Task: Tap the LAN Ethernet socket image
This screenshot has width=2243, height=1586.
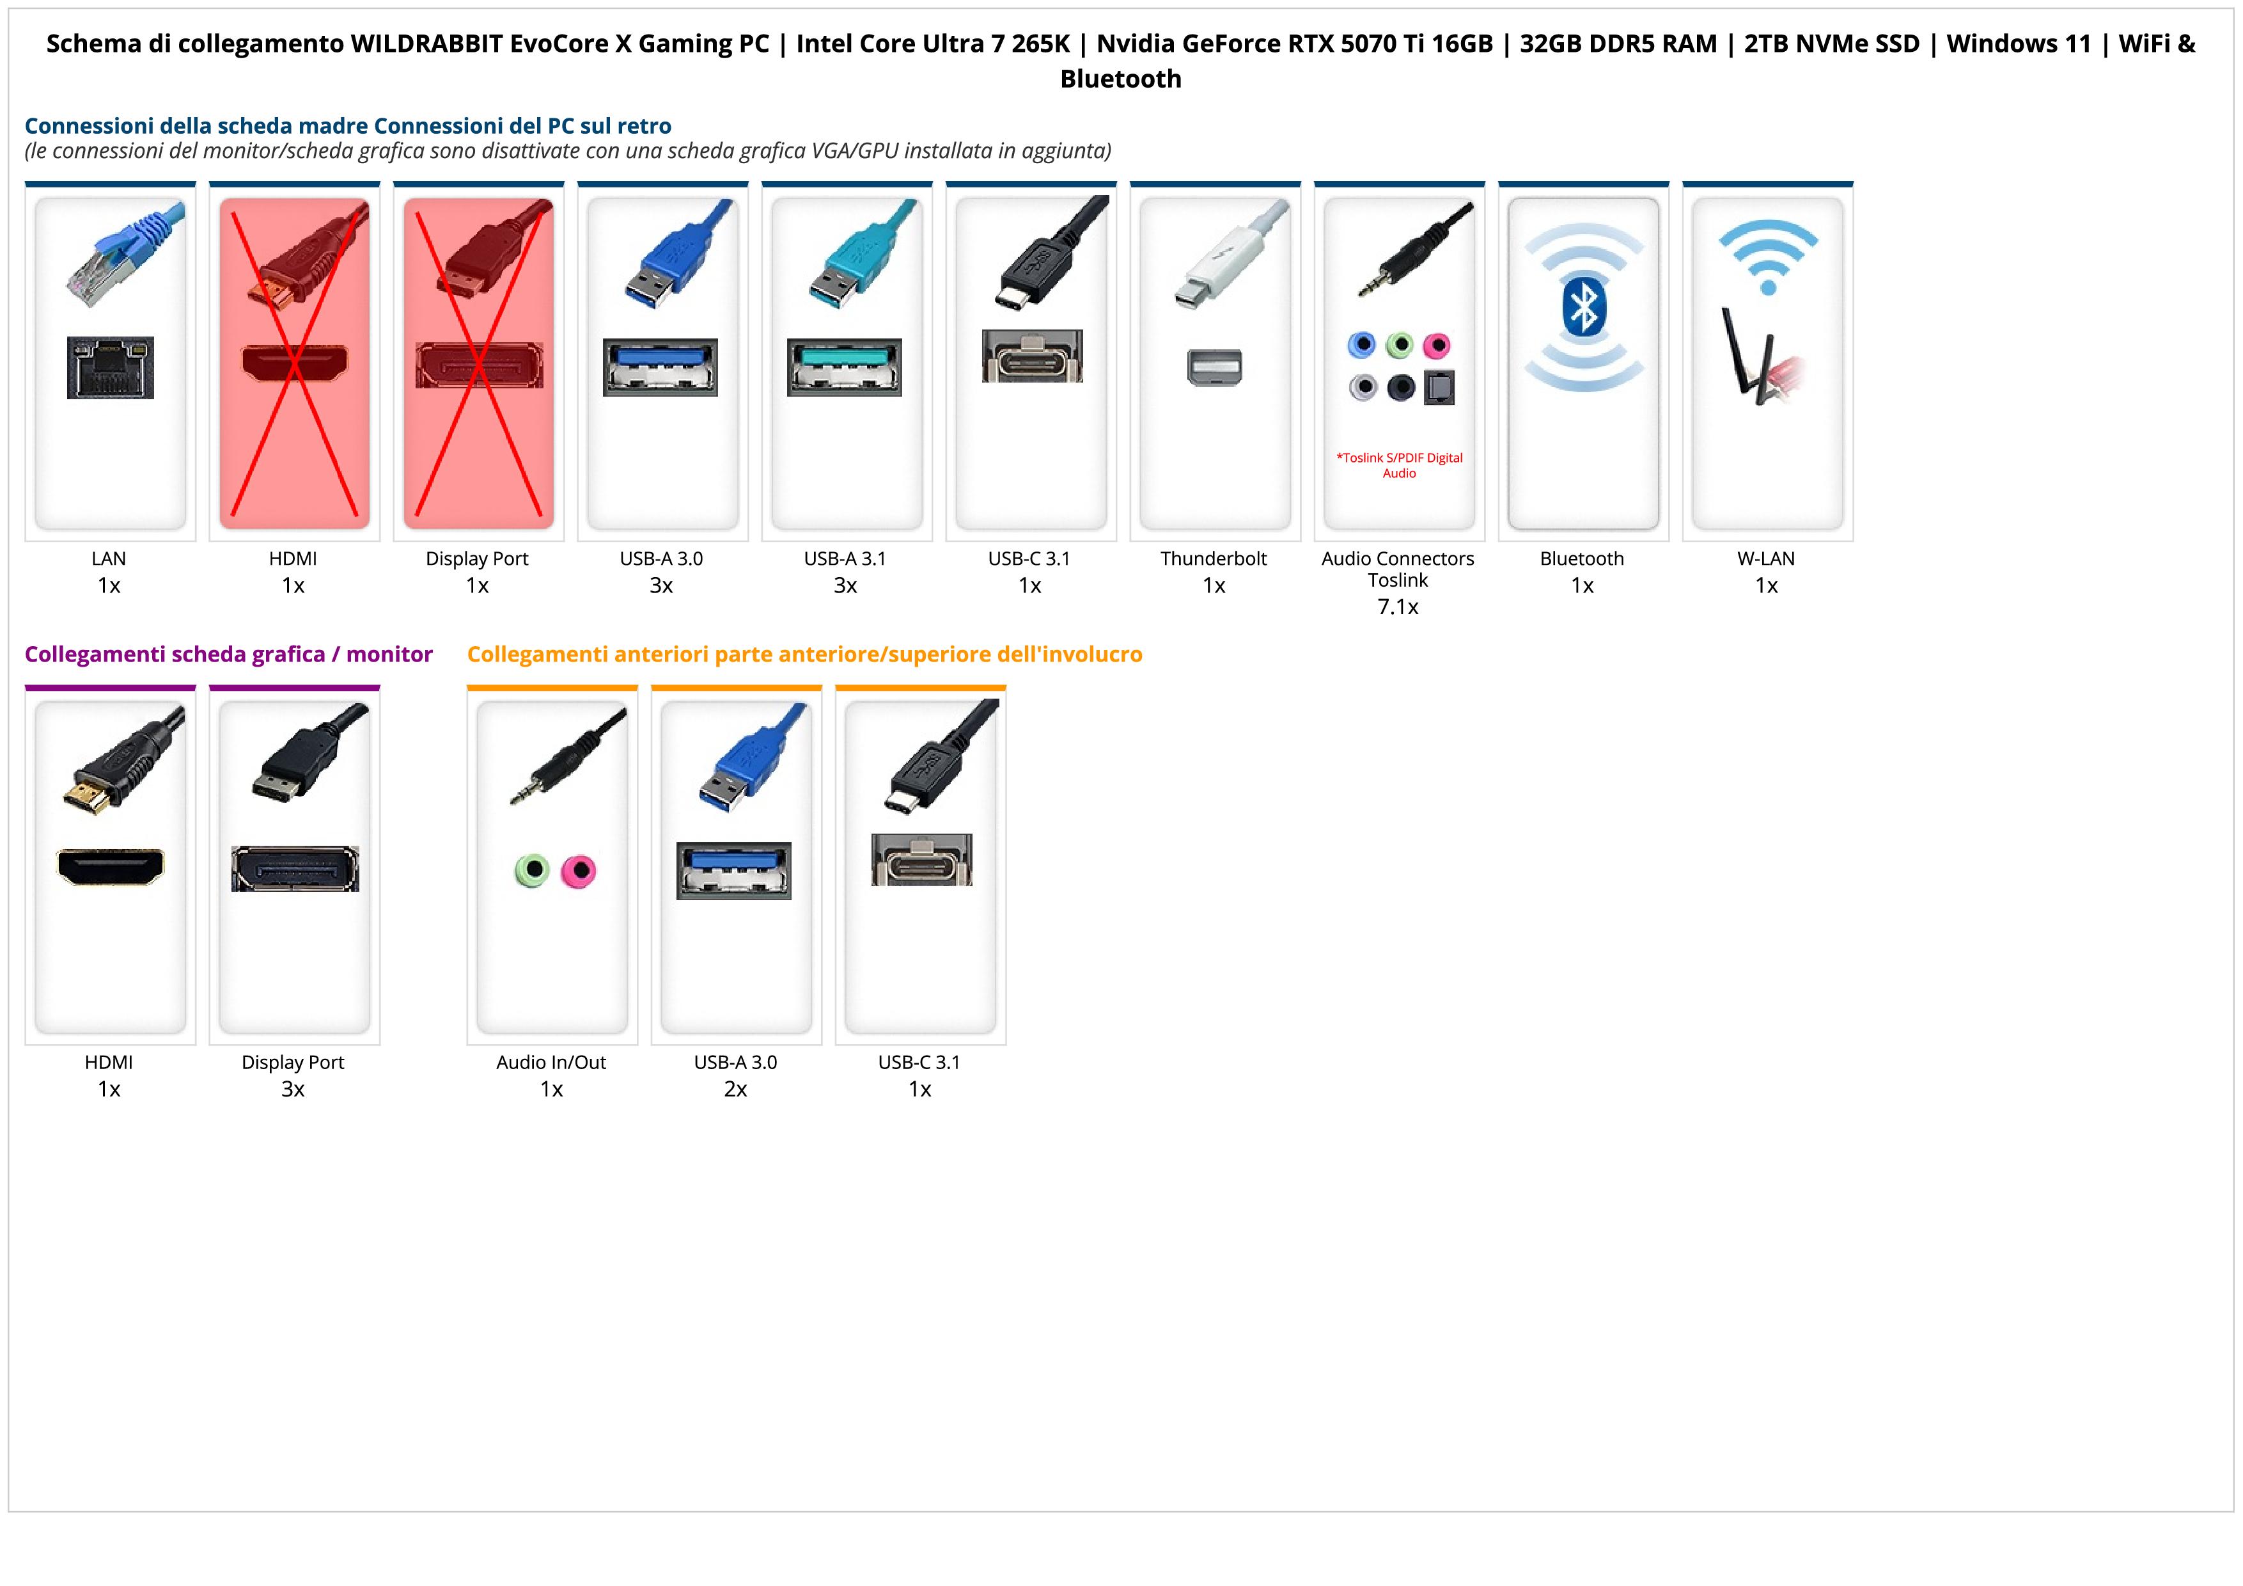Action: pyautogui.click(x=111, y=367)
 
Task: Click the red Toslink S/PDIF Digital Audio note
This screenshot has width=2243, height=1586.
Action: pyautogui.click(x=1399, y=465)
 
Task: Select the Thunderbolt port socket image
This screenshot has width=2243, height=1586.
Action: pyautogui.click(x=1214, y=367)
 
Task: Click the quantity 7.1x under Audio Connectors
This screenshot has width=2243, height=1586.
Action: pyautogui.click(x=1398, y=607)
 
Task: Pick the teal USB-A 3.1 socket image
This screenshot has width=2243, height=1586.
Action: pyautogui.click(x=845, y=367)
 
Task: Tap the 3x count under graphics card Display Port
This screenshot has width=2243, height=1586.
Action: pyautogui.click(x=293, y=1090)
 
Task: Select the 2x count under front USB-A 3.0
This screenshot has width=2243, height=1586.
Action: pyautogui.click(x=735, y=1090)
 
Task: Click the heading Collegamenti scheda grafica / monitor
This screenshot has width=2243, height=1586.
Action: pyautogui.click(x=229, y=654)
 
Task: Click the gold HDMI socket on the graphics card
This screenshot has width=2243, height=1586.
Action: pyautogui.click(x=111, y=866)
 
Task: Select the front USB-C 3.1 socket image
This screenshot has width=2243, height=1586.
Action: pyautogui.click(x=921, y=860)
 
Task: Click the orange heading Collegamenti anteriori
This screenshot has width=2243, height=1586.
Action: pyautogui.click(x=804, y=654)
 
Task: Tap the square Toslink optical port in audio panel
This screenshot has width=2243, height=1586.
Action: pyautogui.click(x=1440, y=388)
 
